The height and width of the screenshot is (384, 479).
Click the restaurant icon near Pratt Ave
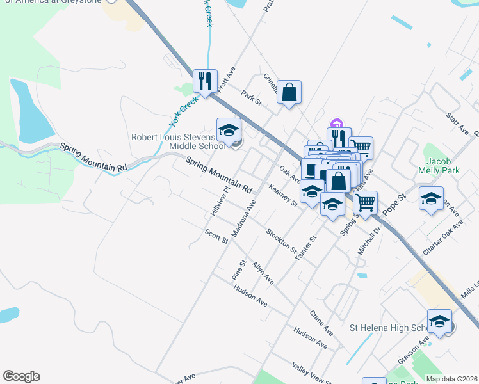[x=205, y=81]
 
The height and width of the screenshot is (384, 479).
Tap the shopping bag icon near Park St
[x=289, y=92]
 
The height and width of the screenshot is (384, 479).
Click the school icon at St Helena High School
[x=439, y=321]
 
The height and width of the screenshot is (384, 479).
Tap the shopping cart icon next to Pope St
[x=365, y=203]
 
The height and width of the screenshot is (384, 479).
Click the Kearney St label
[x=283, y=195]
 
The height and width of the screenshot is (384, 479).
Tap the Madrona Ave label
[x=243, y=218]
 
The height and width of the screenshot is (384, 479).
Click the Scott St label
[x=216, y=236]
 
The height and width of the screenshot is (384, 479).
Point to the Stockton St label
[x=281, y=241]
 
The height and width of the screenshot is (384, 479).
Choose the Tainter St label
[x=305, y=248]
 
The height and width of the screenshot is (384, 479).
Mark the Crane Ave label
[x=321, y=323]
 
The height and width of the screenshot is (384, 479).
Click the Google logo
[x=21, y=376]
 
